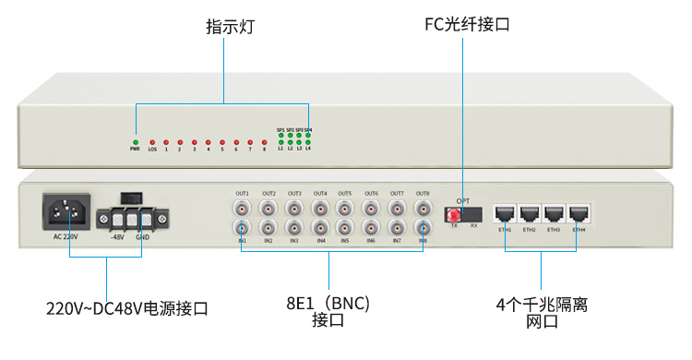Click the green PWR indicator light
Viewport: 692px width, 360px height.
pos(136,141)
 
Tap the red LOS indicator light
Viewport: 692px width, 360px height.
pos(152,141)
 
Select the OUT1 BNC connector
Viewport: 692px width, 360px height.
pos(242,208)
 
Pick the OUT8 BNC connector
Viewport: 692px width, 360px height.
pos(423,208)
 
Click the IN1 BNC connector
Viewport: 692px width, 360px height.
pos(242,227)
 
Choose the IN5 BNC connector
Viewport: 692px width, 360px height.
pos(345,227)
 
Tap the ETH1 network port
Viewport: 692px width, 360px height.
pos(505,213)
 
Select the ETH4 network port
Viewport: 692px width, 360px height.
pos(579,213)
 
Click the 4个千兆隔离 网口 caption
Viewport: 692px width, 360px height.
pos(542,311)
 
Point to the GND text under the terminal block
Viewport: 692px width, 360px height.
pos(143,237)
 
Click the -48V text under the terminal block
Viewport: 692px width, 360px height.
pos(116,237)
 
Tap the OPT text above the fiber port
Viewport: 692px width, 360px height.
pos(463,199)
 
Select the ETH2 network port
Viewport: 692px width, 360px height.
pos(530,213)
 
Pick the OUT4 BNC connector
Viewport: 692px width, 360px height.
pos(319,208)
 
